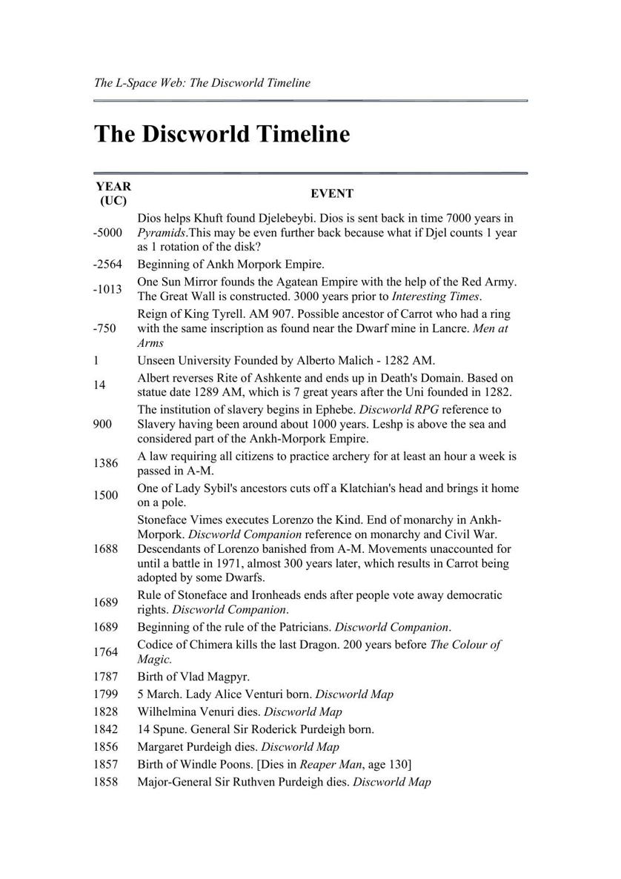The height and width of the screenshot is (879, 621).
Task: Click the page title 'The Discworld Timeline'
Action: (x=222, y=134)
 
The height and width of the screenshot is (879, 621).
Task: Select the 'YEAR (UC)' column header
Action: (x=113, y=193)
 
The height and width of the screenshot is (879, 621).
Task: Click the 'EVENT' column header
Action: (x=331, y=193)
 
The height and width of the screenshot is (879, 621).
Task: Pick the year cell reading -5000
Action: (x=107, y=233)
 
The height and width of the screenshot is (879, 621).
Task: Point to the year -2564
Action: (x=107, y=265)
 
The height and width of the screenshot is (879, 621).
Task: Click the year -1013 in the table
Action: (x=107, y=289)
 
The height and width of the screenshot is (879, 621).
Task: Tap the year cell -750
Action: (x=104, y=328)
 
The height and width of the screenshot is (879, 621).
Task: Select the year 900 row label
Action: (x=102, y=424)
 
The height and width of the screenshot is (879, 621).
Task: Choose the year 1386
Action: (x=105, y=463)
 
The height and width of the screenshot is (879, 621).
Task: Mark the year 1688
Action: (x=105, y=549)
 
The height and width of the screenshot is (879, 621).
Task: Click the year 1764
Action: (x=105, y=651)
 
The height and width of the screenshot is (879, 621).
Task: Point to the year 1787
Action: (x=105, y=677)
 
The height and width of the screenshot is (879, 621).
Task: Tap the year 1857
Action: (x=105, y=764)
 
